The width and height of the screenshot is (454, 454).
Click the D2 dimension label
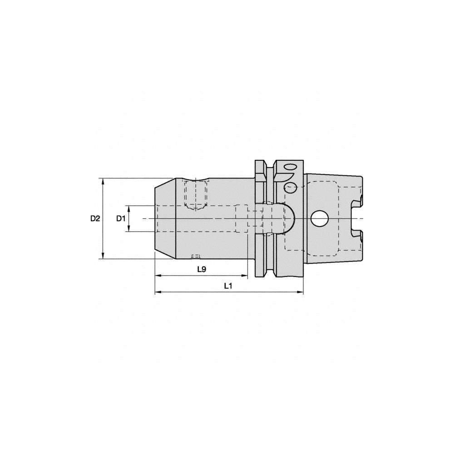94,218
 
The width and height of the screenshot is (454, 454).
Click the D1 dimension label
120,218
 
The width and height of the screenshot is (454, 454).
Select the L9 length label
202,269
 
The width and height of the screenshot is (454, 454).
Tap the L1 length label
228,286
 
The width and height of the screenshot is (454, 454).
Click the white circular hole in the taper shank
320,218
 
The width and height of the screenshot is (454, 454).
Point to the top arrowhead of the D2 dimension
104,181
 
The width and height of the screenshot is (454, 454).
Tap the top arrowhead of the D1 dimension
129,208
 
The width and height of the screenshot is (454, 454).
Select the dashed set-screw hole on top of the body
196,194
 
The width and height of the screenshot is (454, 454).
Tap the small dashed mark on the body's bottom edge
196,256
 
